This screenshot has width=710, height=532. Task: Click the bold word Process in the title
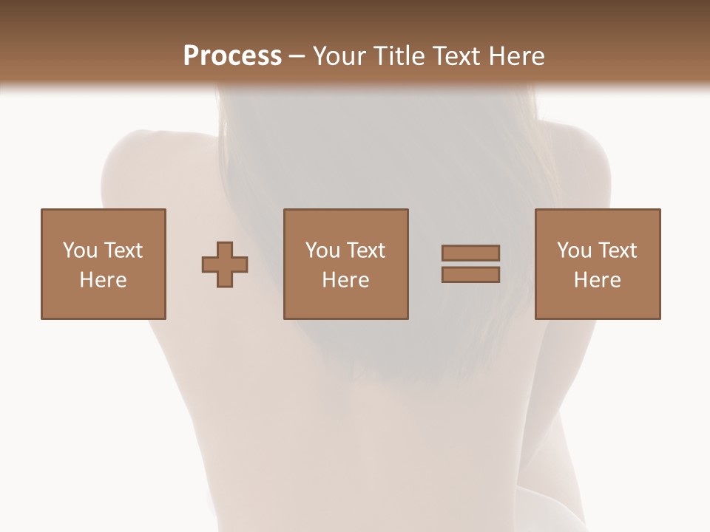click(232, 56)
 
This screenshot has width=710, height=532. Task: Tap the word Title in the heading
click(399, 56)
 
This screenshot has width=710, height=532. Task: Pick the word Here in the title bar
click(517, 56)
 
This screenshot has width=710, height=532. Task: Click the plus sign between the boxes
click(225, 265)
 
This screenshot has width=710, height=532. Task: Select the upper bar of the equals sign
click(470, 253)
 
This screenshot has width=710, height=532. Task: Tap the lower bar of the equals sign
click(470, 275)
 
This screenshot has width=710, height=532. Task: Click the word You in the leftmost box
click(79, 250)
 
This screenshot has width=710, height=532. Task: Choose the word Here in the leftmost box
click(103, 280)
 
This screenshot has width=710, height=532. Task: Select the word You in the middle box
click(322, 250)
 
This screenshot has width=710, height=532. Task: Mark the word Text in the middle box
click(365, 250)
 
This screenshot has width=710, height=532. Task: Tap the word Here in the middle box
click(345, 280)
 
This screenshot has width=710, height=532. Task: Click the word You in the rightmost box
click(574, 250)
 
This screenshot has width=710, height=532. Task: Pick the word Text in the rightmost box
click(617, 250)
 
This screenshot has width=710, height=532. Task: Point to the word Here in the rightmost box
click(597, 280)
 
